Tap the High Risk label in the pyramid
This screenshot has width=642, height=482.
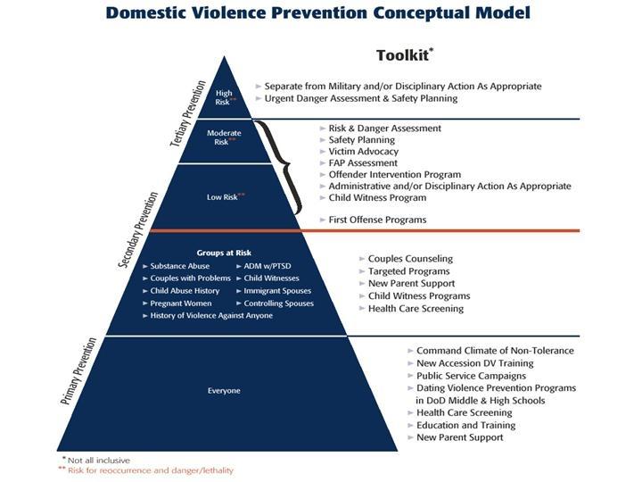pyautogui.click(x=224, y=97)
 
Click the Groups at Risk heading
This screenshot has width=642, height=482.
pyautogui.click(x=224, y=253)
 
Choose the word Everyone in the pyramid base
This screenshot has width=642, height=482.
pyautogui.click(x=224, y=390)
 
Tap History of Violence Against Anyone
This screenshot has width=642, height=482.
pyautogui.click(x=211, y=316)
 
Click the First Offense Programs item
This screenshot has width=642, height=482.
pyautogui.click(x=377, y=220)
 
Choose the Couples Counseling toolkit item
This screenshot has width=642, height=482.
pyautogui.click(x=410, y=259)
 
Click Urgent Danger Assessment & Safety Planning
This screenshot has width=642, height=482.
pyautogui.click(x=361, y=98)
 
